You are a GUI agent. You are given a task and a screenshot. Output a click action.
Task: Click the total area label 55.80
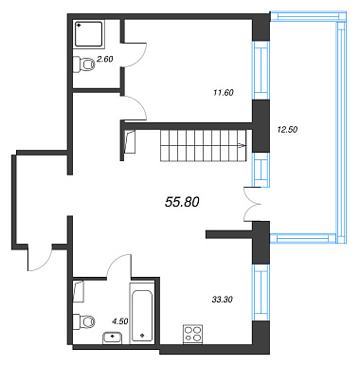(182, 202)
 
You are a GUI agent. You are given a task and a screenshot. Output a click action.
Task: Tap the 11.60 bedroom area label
(224, 93)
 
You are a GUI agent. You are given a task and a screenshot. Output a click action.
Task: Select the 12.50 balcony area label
(287, 129)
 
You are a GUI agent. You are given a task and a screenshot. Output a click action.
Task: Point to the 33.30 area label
(223, 300)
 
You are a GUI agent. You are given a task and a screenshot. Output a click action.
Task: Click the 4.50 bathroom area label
(120, 321)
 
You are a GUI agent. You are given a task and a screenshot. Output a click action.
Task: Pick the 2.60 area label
(105, 59)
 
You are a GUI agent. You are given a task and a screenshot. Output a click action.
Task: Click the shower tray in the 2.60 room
(89, 34)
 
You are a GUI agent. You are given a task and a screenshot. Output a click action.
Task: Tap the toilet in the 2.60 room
(83, 64)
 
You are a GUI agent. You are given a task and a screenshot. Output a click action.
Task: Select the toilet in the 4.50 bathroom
(83, 321)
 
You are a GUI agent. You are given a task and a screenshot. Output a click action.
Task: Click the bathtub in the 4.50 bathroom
(142, 312)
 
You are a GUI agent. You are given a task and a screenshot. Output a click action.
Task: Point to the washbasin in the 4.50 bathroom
(113, 338)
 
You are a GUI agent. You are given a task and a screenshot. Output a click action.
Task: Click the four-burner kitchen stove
(192, 334)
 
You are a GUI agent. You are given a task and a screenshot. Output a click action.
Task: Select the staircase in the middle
(203, 146)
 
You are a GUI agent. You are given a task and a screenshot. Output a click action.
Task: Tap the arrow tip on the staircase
(245, 146)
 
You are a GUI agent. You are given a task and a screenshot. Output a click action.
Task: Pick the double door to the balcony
(253, 204)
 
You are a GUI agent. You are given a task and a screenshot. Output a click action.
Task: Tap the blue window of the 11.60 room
(261, 70)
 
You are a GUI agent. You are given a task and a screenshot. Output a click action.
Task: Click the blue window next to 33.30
(261, 293)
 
